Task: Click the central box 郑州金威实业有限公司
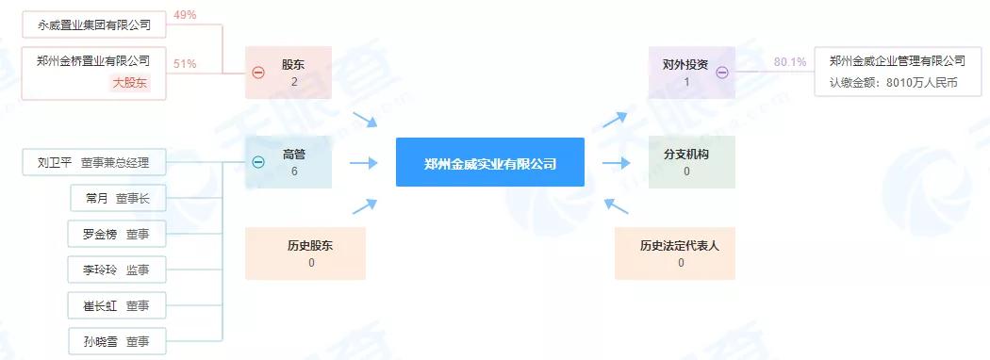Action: [489, 162]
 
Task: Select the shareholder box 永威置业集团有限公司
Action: [87, 23]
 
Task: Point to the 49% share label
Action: [185, 16]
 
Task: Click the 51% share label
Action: [185, 63]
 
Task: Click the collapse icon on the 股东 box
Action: [258, 73]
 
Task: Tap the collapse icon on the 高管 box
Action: [258, 162]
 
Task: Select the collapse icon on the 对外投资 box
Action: [722, 73]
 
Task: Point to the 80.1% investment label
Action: [789, 62]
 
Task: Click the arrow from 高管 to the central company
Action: [363, 162]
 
